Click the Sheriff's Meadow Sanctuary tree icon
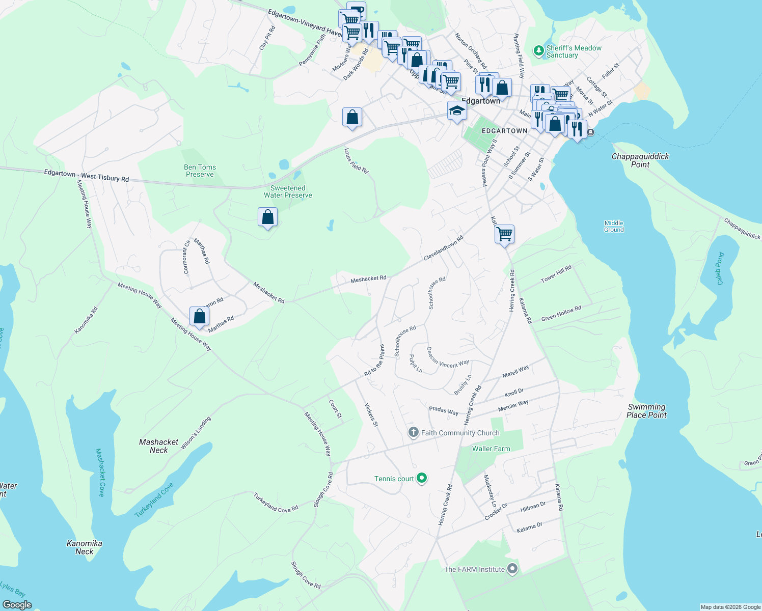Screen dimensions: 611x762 (538, 51)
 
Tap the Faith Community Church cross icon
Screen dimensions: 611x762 (413, 433)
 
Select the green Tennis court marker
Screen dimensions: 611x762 (421, 478)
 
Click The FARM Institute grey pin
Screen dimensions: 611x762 (512, 569)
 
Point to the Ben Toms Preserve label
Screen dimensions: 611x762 (200, 171)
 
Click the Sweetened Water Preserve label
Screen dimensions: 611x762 (288, 191)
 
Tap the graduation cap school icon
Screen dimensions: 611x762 (457, 110)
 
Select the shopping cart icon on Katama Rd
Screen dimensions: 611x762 (504, 234)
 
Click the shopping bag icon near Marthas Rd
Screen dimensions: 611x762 (200, 316)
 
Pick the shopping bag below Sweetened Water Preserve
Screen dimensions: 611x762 (267, 217)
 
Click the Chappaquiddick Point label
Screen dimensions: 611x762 (640, 160)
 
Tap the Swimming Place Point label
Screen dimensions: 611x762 (646, 411)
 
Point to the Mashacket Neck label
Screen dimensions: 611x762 (158, 446)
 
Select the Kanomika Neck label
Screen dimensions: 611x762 (85, 547)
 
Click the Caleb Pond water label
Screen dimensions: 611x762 (719, 269)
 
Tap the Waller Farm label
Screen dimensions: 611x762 (491, 449)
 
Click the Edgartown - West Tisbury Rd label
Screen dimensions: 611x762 (86, 176)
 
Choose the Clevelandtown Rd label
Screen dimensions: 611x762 (443, 248)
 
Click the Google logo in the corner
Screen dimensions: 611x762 (17, 604)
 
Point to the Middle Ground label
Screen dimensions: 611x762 (614, 226)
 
